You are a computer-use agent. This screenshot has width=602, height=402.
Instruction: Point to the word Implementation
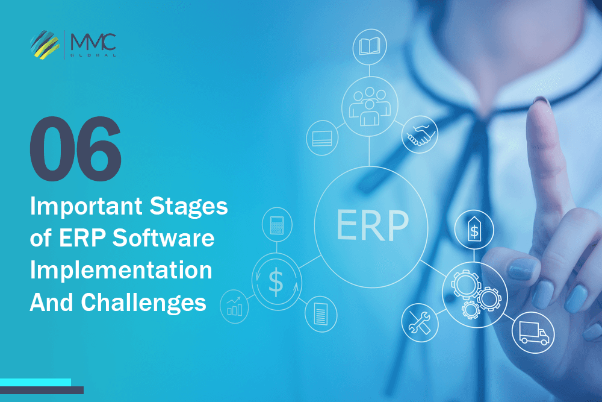pyautogui.click(x=121, y=270)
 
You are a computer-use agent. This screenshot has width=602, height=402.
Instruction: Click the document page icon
pyautogui.click(x=320, y=313)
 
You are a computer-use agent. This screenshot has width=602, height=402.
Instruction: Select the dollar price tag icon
pyautogui.click(x=474, y=229)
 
